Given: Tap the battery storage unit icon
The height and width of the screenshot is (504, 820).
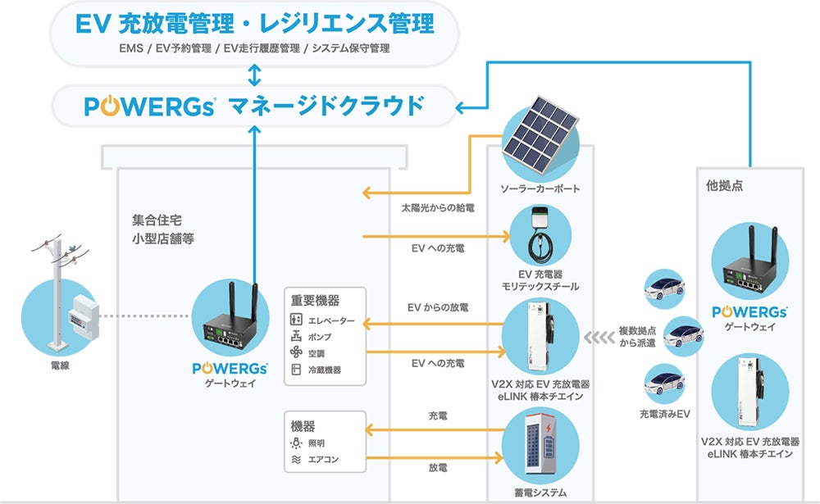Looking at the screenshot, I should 539,447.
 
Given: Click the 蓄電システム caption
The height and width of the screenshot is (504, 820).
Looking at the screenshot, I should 539,493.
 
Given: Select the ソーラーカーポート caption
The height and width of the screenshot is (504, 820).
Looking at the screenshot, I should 539,188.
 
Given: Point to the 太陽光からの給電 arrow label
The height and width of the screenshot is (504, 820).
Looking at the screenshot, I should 437,209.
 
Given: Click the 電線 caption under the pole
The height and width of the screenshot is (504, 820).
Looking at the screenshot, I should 59,366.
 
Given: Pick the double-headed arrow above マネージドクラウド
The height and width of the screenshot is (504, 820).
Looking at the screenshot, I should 254,75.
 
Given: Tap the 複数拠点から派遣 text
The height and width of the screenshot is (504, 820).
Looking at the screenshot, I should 636,336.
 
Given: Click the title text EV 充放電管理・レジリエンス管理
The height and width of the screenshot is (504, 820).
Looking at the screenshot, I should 254,23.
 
